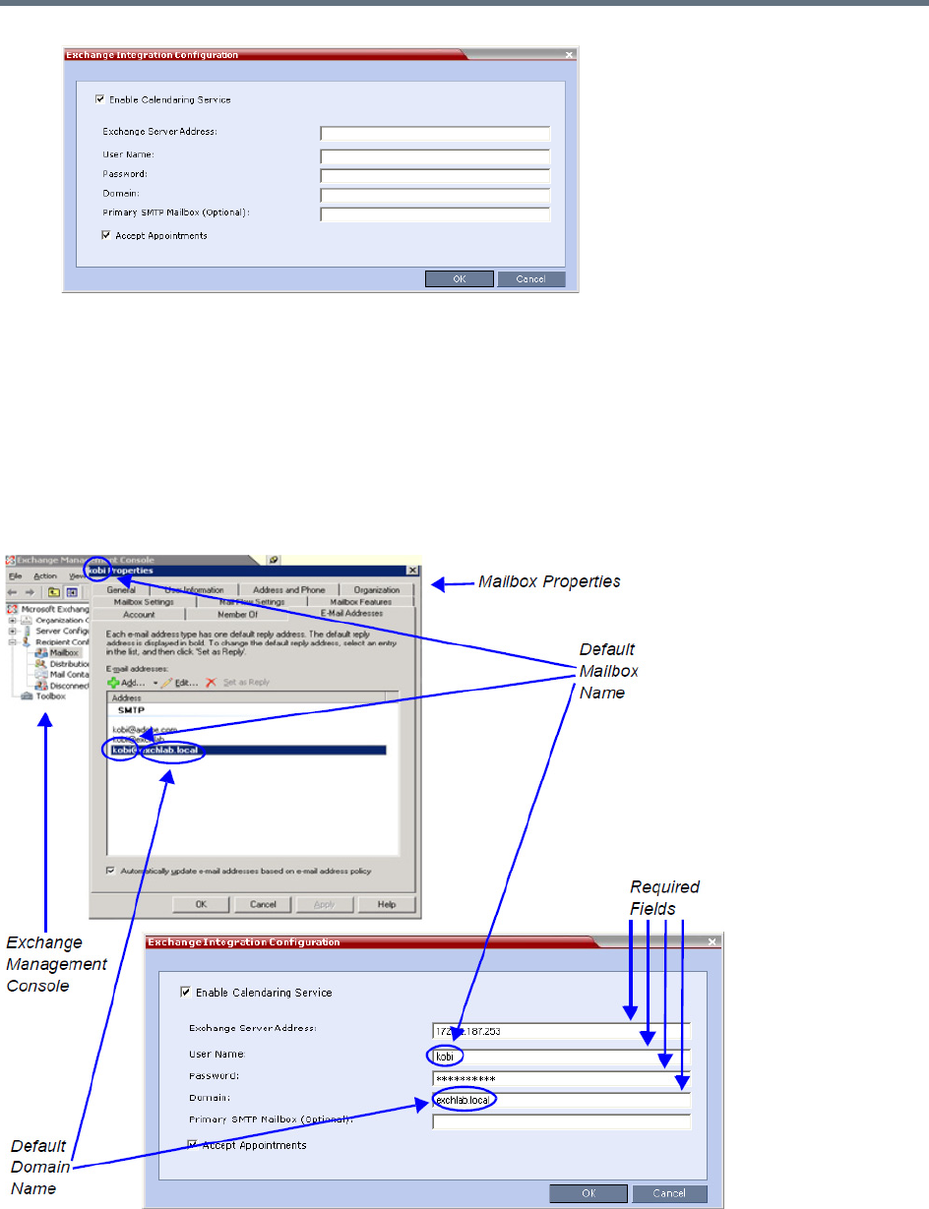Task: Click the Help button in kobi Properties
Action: [386, 904]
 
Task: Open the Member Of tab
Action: [237, 614]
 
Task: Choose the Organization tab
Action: [376, 590]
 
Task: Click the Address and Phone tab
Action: [288, 590]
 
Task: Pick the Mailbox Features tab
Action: [360, 602]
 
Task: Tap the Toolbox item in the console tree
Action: [49, 695]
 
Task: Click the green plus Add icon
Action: [114, 682]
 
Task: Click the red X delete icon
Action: [212, 682]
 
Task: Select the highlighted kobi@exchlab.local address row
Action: [246, 751]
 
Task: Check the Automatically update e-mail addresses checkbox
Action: [110, 871]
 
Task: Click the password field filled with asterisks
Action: [561, 1078]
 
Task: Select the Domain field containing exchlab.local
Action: [561, 1099]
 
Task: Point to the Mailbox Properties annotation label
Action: [549, 581]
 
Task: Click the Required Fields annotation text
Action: [664, 897]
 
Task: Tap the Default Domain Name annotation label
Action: [39, 1167]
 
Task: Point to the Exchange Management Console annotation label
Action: [57, 964]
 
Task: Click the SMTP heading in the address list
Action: [130, 709]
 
